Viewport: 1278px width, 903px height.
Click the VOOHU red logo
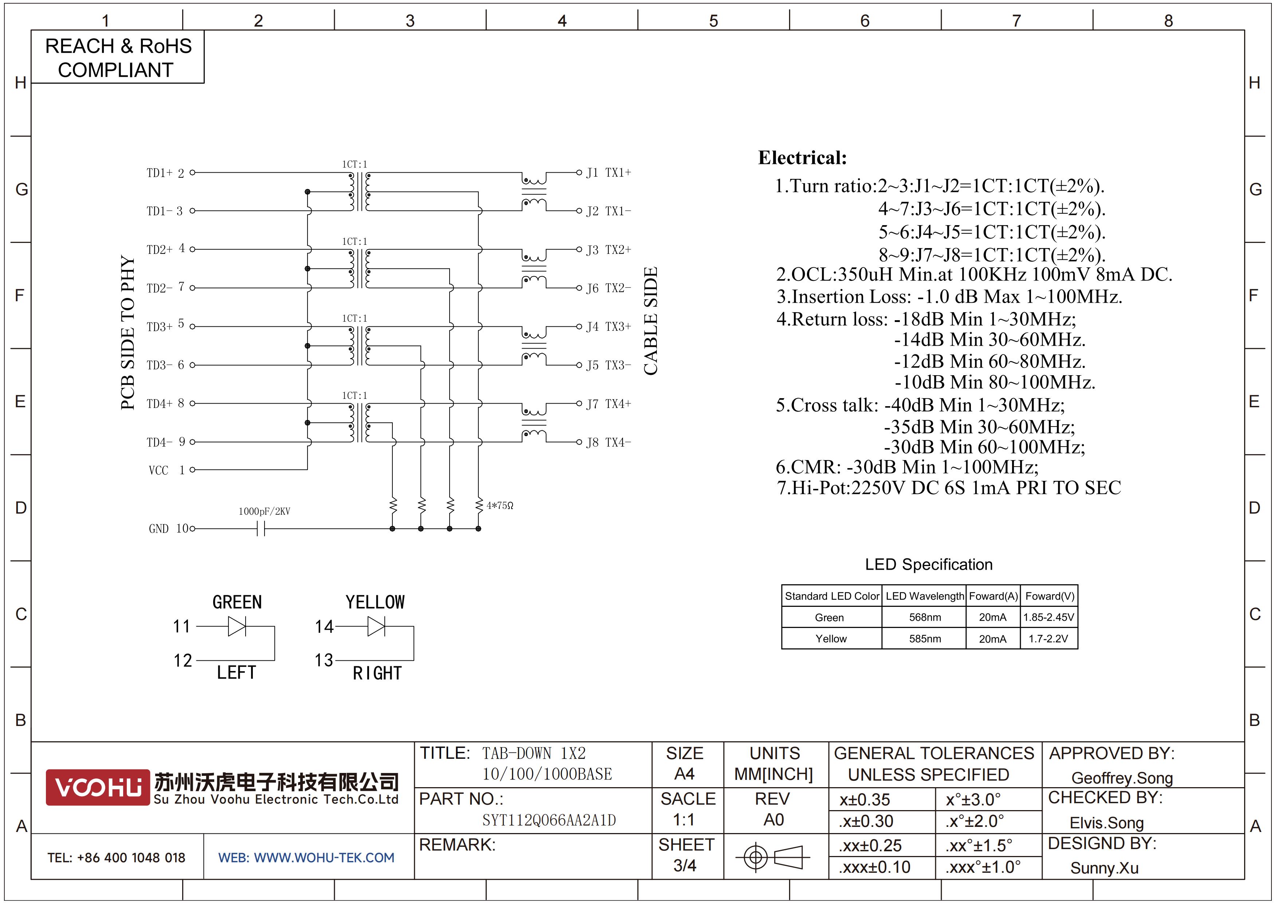tap(97, 787)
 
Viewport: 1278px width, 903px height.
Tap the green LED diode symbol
tap(237, 627)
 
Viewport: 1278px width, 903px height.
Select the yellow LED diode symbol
tap(376, 627)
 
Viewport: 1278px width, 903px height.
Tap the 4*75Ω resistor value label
tap(500, 505)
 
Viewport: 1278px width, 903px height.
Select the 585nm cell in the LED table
tap(925, 639)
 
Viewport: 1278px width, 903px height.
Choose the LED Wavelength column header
tap(925, 596)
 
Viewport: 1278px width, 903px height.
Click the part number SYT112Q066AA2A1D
tap(549, 820)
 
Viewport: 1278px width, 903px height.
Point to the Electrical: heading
tap(802, 158)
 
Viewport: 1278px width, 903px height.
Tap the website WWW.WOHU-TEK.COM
tap(306, 857)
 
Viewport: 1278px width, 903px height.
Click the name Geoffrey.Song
tap(1122, 778)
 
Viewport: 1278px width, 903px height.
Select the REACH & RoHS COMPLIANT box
tap(118, 57)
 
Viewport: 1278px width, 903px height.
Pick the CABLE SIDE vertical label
tap(650, 321)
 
